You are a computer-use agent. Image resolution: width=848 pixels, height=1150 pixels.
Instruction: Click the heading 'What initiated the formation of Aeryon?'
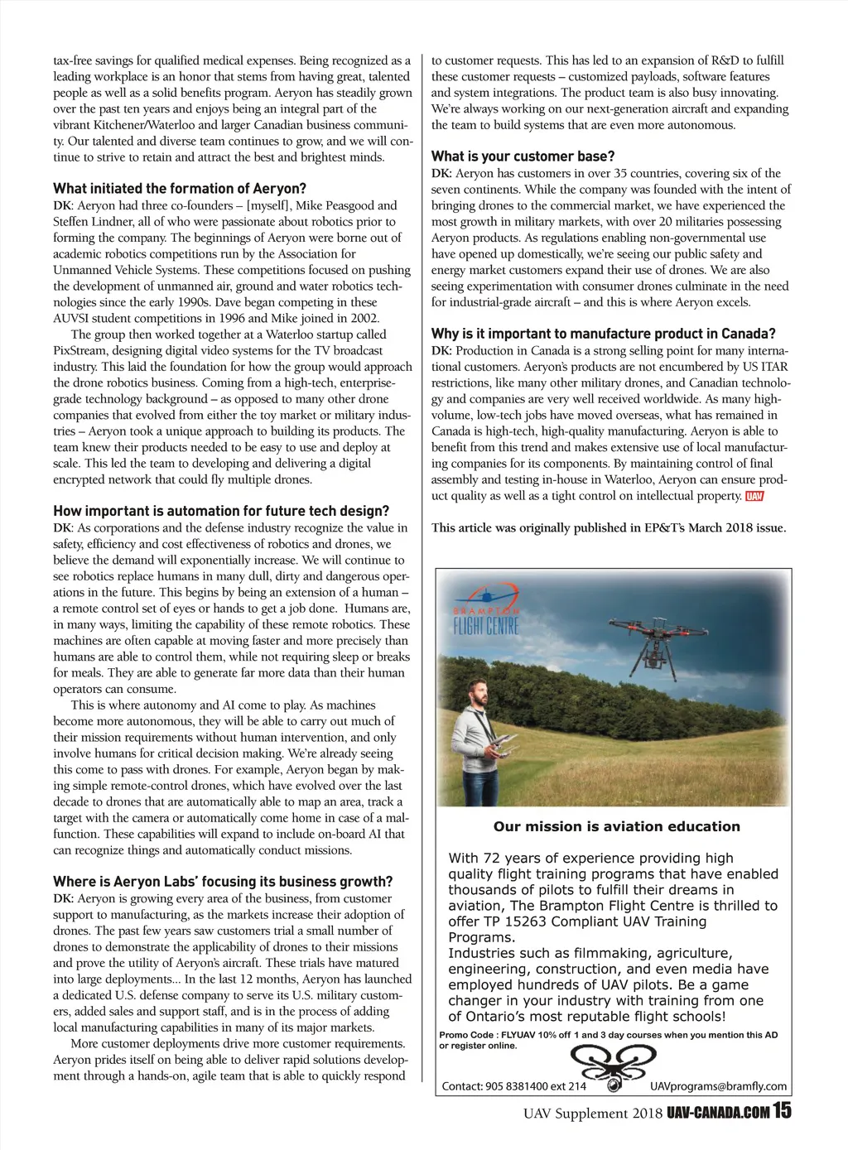click(180, 189)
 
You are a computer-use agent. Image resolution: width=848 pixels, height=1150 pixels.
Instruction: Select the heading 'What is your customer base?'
click(523, 156)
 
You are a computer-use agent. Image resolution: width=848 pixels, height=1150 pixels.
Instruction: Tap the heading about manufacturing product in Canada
click(603, 334)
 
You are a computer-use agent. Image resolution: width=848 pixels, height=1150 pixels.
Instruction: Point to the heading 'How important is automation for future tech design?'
click(221, 511)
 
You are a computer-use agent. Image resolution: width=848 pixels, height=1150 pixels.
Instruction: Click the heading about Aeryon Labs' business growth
click(223, 882)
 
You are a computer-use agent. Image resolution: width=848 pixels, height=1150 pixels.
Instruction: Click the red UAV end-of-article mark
click(754, 496)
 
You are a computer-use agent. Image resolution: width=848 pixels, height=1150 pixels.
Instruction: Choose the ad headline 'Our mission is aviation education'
click(616, 826)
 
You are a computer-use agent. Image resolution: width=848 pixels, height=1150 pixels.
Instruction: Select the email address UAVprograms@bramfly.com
click(718, 1086)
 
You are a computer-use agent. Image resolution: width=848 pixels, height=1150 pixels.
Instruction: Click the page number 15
click(782, 1111)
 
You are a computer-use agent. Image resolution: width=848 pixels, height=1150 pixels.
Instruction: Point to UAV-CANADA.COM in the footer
click(718, 1113)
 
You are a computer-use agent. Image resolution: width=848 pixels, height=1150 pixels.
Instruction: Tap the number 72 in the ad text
click(489, 859)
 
